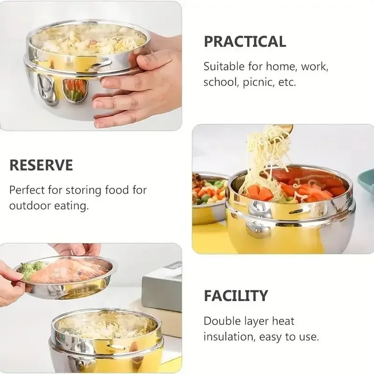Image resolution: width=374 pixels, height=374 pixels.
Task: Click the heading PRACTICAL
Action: click(245, 42)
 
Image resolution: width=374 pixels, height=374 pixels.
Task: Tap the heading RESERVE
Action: click(41, 165)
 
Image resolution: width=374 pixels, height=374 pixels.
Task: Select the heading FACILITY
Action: click(236, 296)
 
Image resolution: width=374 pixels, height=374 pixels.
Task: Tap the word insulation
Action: click(229, 337)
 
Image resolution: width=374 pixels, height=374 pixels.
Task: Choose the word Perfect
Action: click(27, 190)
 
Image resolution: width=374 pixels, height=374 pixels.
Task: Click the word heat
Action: click(283, 321)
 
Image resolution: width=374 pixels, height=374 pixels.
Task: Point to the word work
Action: click(315, 67)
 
